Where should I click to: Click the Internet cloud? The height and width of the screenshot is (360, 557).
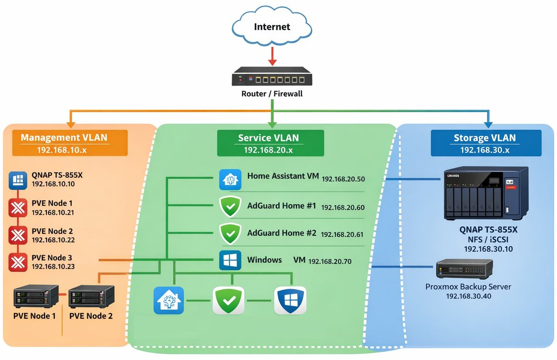(x=272, y=26)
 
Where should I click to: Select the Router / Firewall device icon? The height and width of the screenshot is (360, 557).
(x=272, y=77)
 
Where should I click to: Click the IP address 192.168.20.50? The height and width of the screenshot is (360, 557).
(x=343, y=179)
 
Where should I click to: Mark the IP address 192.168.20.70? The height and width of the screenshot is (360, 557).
(x=330, y=262)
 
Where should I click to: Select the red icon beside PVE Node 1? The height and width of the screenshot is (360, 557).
(x=18, y=207)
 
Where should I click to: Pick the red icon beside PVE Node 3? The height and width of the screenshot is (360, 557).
(x=18, y=262)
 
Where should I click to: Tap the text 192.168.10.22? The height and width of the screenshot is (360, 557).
(x=53, y=240)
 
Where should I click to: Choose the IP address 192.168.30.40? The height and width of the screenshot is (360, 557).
(x=468, y=296)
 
